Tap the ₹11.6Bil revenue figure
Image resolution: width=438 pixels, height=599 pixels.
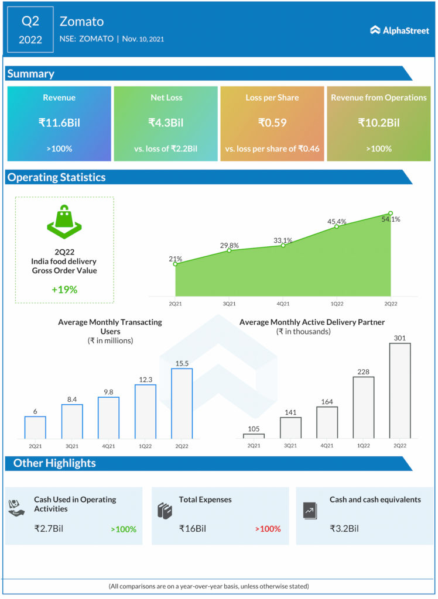point(59,123)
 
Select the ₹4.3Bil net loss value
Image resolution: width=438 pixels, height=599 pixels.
point(166,123)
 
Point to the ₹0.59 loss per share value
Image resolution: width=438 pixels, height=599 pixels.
point(272,123)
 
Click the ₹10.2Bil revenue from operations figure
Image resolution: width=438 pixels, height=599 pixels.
point(379,123)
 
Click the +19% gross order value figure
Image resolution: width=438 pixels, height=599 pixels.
point(64,289)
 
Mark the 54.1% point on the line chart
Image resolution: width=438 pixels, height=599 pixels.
point(391,214)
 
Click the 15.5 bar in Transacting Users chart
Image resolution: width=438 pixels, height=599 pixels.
point(182,403)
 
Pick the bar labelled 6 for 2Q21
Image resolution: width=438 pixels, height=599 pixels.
point(35,427)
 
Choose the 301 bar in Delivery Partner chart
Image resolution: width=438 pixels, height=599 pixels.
point(400,390)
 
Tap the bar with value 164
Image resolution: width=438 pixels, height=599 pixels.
point(327,422)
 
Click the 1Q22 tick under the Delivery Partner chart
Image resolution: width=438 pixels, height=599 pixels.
point(364,446)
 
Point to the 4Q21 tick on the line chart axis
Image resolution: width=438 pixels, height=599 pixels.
point(283,304)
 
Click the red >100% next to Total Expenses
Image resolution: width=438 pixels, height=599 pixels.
point(268,529)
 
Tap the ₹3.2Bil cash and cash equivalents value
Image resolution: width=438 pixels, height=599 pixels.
point(344,528)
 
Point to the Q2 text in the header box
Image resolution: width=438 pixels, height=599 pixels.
point(30,22)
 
